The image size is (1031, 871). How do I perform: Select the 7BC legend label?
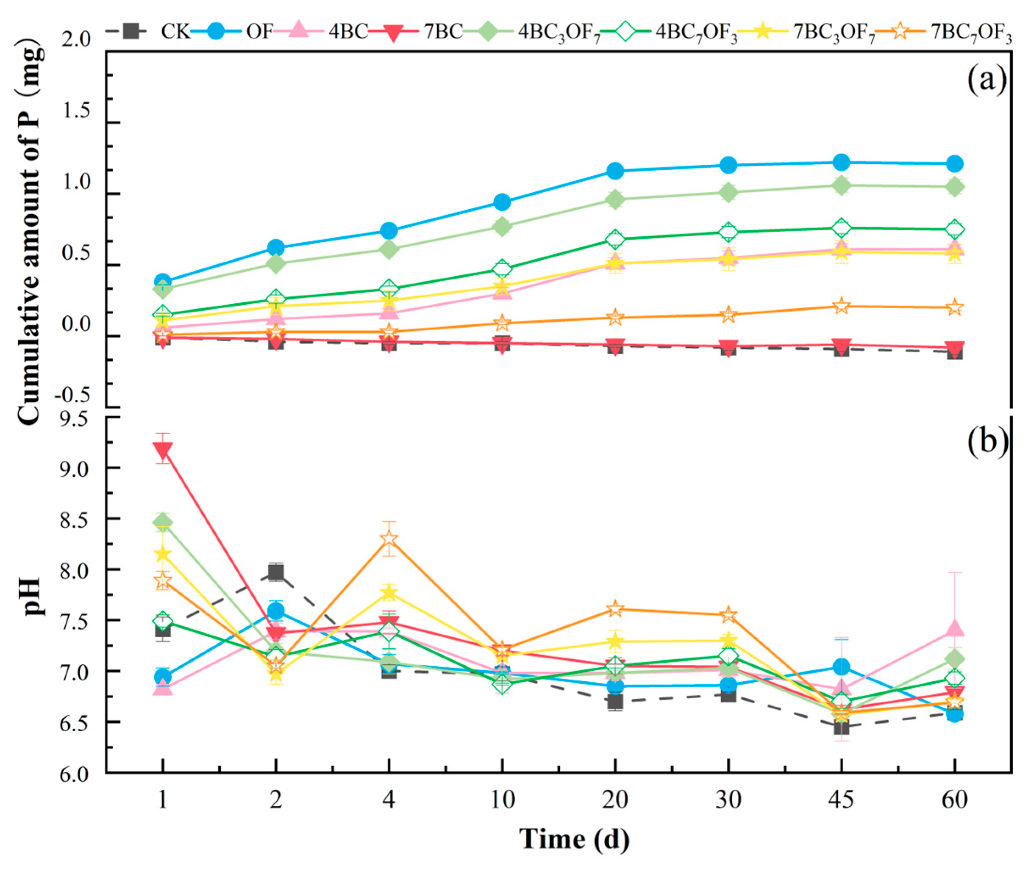[445, 32]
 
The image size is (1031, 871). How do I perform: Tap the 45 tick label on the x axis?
[841, 799]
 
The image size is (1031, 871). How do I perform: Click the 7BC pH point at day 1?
[163, 450]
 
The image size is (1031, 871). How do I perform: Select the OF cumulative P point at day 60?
[954, 163]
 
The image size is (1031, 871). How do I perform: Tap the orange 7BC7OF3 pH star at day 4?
[389, 538]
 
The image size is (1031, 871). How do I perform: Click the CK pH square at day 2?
[276, 572]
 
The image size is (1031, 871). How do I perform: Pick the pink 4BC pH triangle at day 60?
[954, 628]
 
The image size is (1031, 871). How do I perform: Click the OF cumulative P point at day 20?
[615, 171]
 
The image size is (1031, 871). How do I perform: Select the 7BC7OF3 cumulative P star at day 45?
[841, 306]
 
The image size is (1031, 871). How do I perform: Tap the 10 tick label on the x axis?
[502, 799]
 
